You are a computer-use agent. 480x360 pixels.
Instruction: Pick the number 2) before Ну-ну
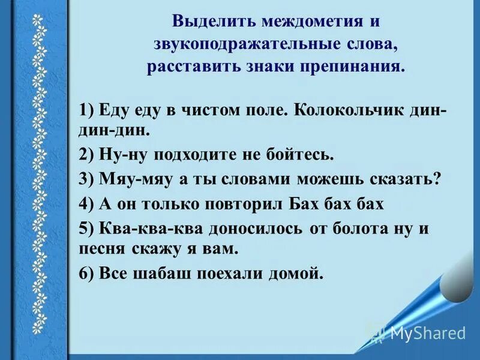point(88,155)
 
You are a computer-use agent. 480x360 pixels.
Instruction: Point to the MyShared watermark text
point(427,333)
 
